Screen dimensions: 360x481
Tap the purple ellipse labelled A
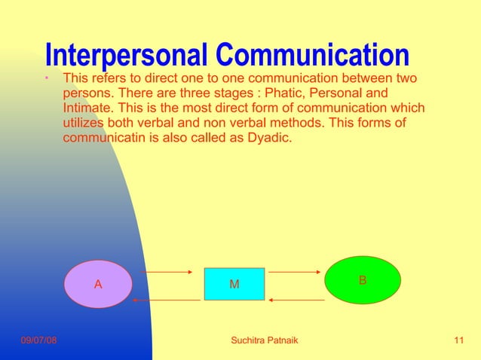click(98, 284)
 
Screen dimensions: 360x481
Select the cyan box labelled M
click(234, 284)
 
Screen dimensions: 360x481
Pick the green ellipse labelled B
click(363, 280)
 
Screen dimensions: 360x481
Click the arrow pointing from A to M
click(167, 271)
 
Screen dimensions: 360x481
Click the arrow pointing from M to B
click(296, 271)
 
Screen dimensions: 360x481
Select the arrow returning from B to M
click(296, 300)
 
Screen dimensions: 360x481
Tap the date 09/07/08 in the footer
click(38, 341)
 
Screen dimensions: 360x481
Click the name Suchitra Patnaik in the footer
click(264, 341)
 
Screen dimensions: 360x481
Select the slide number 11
click(459, 341)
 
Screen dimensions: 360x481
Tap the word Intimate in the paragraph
click(86, 108)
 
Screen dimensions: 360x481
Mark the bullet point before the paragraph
click(47, 78)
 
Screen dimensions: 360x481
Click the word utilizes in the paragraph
click(84, 124)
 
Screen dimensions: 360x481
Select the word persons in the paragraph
click(84, 93)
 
